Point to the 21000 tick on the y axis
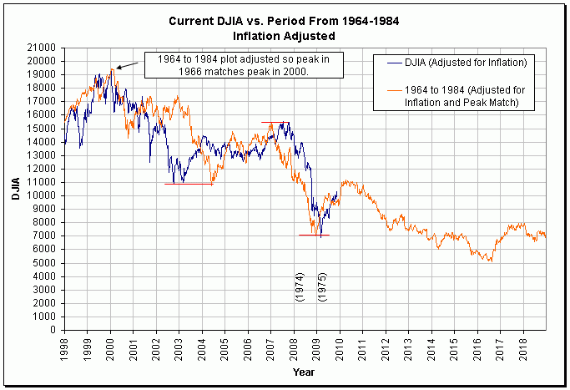point(41,48)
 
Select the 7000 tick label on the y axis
point(43,236)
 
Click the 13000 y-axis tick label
point(41,155)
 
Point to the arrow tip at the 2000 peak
point(117,68)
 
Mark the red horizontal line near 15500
point(276,122)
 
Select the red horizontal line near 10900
point(189,184)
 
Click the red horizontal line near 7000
point(314,236)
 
